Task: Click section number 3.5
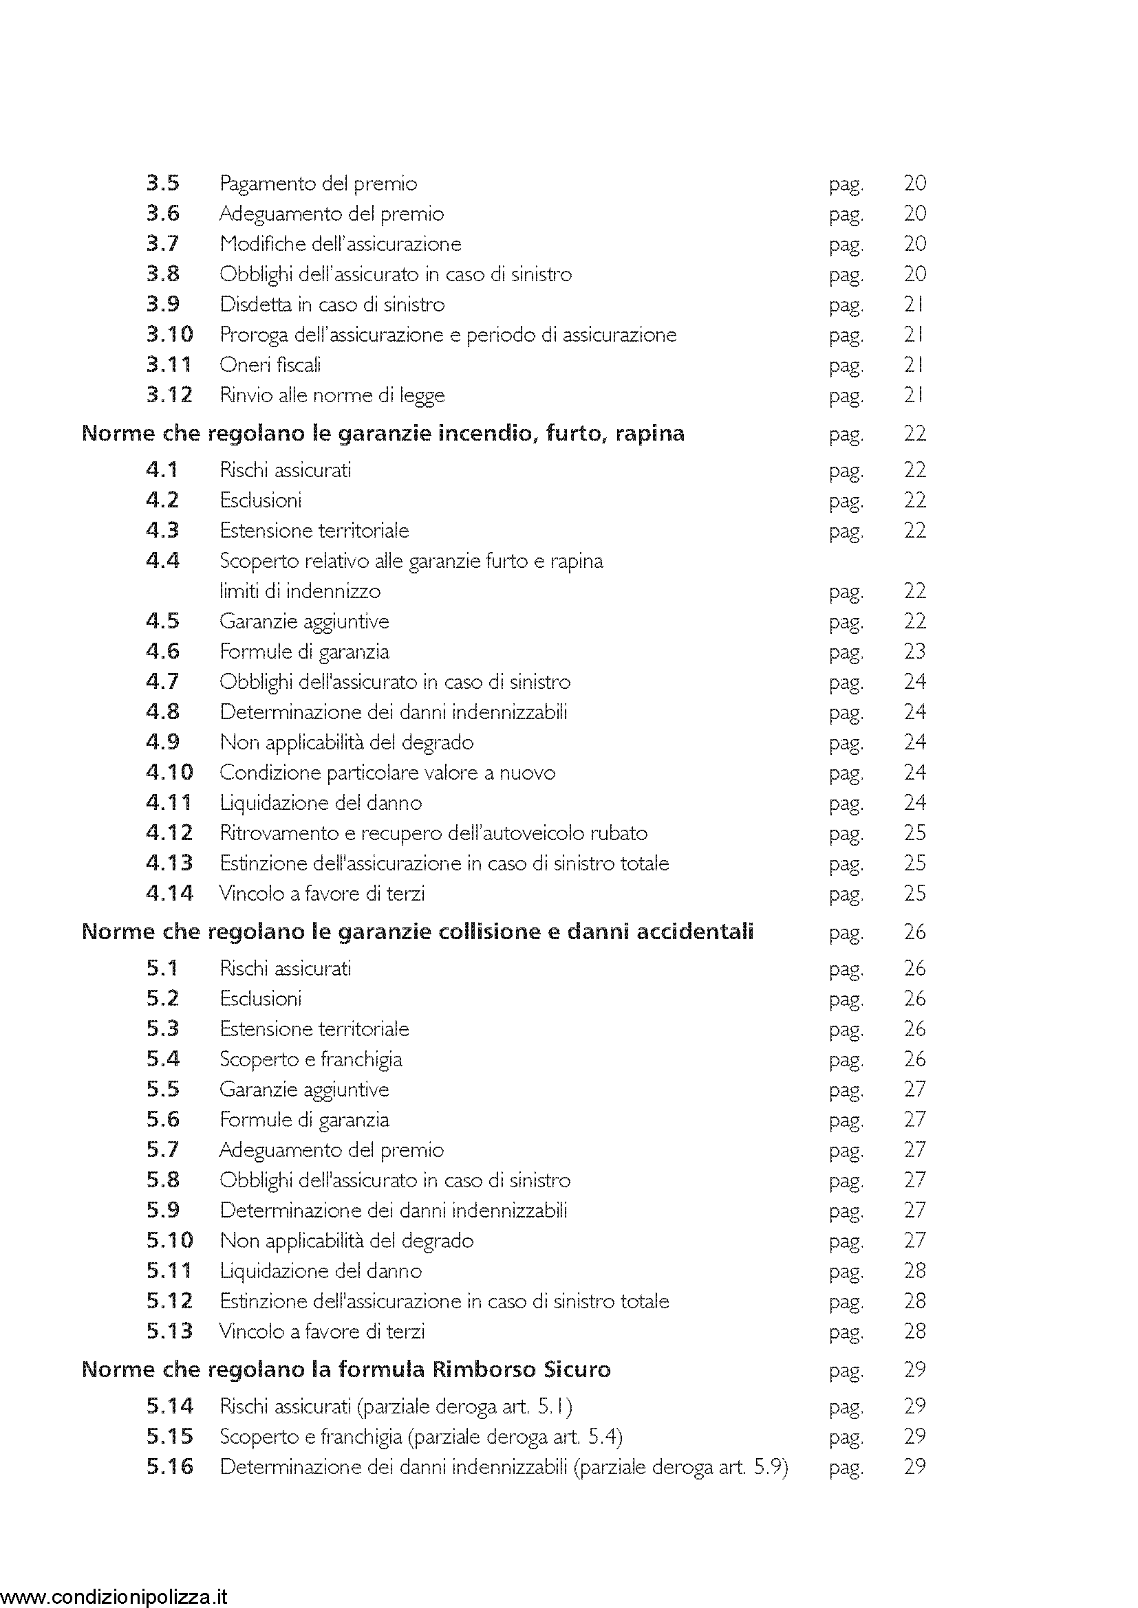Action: click(162, 184)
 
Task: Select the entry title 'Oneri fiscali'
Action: click(270, 365)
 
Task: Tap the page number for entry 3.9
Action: click(914, 305)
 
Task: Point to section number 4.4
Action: click(162, 561)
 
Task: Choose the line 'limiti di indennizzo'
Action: click(300, 591)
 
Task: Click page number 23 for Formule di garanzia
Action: click(914, 652)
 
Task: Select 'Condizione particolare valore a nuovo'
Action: click(387, 773)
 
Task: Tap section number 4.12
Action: click(169, 833)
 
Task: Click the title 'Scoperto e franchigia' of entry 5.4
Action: click(310, 1059)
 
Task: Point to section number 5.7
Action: click(162, 1150)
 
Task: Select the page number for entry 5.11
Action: click(914, 1271)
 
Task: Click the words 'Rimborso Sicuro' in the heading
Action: click(521, 1370)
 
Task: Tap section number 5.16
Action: click(169, 1466)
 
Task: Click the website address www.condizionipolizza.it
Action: click(115, 1597)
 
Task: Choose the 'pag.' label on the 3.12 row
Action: click(846, 397)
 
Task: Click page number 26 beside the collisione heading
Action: click(914, 932)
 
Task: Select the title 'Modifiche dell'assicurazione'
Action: click(340, 244)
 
